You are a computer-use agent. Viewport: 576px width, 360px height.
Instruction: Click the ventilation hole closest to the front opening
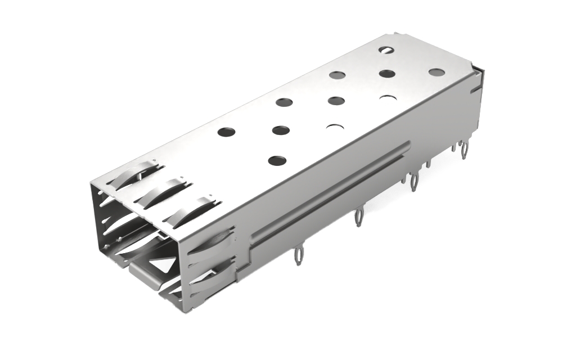click(277, 160)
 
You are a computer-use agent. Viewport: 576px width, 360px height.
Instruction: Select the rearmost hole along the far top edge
click(386, 49)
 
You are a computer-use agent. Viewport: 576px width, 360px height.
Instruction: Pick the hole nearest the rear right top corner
click(436, 72)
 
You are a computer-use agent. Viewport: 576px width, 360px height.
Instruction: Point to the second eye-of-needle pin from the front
click(358, 217)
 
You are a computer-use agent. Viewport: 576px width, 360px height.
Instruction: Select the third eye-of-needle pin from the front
click(415, 181)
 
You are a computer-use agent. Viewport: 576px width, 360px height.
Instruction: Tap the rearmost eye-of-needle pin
click(465, 150)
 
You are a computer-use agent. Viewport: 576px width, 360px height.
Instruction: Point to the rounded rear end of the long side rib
click(406, 146)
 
